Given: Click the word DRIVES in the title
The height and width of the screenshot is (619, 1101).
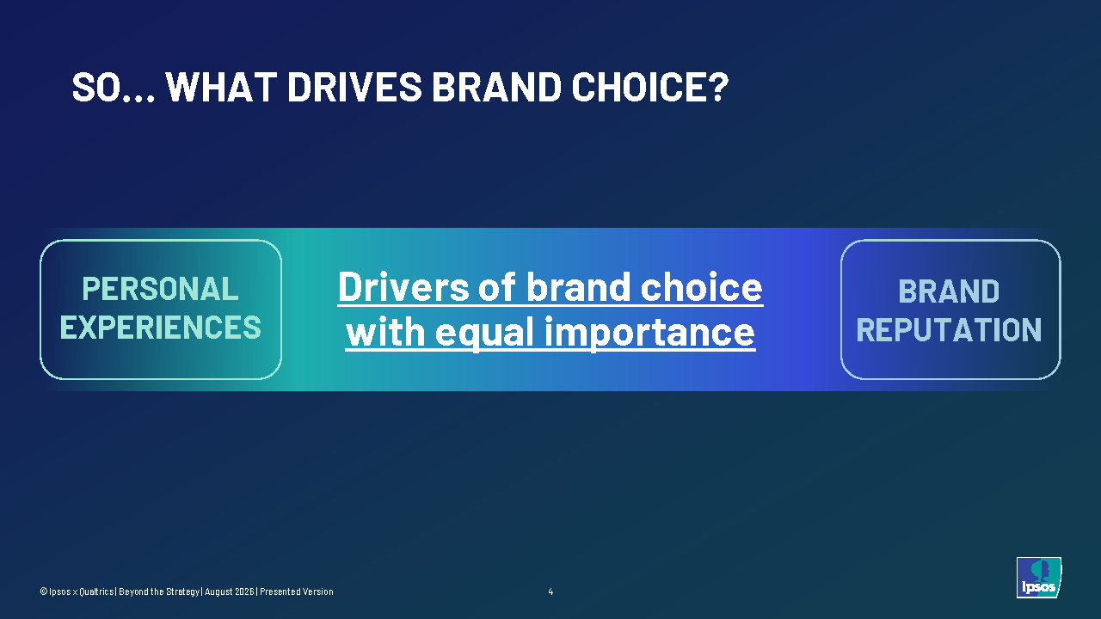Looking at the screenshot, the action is (x=354, y=87).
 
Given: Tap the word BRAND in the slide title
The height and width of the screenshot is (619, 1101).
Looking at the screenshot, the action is (x=496, y=87).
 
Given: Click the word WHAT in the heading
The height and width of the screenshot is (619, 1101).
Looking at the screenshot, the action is (x=222, y=87).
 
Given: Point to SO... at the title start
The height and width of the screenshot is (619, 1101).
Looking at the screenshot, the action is (x=113, y=87).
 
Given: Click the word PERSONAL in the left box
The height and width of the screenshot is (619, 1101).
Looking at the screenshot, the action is (x=160, y=288).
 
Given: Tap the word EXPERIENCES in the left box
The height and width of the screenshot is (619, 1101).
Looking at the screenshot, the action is (x=160, y=328).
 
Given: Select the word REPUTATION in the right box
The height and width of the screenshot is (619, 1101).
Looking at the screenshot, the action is (x=949, y=329).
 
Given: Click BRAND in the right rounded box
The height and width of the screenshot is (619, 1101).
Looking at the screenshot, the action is (x=949, y=291).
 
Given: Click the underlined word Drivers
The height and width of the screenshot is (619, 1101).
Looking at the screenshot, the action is (x=403, y=287).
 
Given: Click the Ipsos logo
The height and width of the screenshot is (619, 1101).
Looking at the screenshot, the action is (x=1038, y=577).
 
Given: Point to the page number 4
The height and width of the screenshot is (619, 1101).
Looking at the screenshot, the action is (x=550, y=591).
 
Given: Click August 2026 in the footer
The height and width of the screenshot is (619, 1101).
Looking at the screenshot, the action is (x=229, y=591).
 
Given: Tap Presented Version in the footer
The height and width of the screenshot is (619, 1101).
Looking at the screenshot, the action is (x=297, y=591).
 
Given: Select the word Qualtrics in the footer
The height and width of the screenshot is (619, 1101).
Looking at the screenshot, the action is (x=96, y=591).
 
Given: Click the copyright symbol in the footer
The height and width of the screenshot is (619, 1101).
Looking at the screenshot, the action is (x=43, y=591).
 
